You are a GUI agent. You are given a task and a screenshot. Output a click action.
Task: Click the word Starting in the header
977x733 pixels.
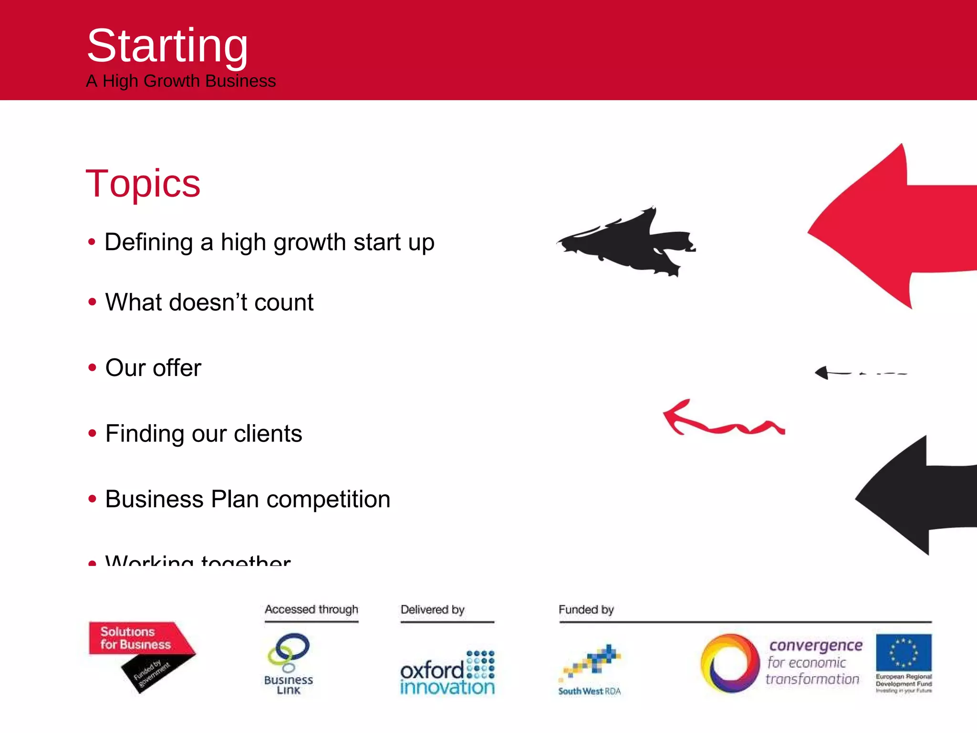point(167,46)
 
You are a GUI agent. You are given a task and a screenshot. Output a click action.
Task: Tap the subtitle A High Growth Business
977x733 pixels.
point(181,81)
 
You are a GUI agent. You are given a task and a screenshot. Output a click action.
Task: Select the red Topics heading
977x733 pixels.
point(143,183)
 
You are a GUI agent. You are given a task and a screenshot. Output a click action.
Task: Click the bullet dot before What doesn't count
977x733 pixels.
point(93,302)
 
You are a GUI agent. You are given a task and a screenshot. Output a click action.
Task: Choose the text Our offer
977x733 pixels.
point(153,368)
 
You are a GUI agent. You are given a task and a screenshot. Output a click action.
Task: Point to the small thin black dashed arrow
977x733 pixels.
point(854,373)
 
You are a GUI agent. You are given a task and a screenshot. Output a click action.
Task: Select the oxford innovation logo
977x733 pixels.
point(447,673)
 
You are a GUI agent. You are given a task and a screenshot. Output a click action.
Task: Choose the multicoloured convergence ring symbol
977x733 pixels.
point(729,663)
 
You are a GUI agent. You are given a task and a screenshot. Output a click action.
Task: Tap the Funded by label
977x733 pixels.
point(586,609)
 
